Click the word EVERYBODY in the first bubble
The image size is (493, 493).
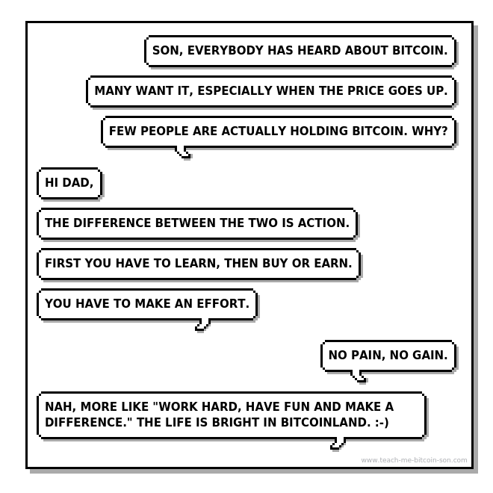[225, 50]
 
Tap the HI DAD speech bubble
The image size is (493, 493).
[69, 183]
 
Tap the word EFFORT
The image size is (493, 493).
[223, 303]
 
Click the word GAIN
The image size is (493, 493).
[430, 355]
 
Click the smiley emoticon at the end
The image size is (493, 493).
[382, 423]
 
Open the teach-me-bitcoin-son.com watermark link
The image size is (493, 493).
[414, 460]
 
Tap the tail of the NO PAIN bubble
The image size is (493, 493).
[359, 376]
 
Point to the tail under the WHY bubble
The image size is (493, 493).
[183, 152]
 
